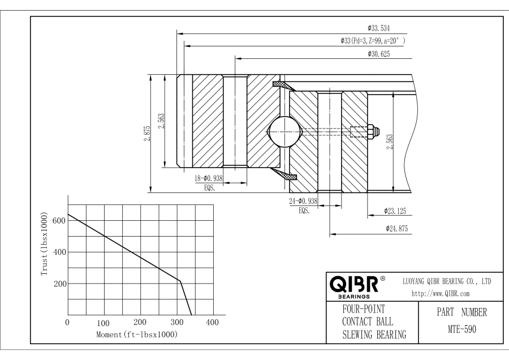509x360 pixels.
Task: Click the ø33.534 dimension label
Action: coord(379,28)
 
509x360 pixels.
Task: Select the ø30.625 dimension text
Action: coord(379,54)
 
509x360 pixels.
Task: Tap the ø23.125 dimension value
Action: coord(396,211)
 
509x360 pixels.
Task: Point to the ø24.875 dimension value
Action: coord(396,229)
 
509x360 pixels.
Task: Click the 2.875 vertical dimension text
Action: coord(146,134)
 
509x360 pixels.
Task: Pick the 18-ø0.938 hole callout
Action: coord(208,179)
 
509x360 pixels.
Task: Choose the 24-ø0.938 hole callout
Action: coord(303,201)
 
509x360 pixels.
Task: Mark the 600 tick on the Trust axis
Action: coord(59,220)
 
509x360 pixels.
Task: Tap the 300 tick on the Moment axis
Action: coord(176,323)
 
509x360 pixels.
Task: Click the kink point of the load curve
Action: coord(180,281)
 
